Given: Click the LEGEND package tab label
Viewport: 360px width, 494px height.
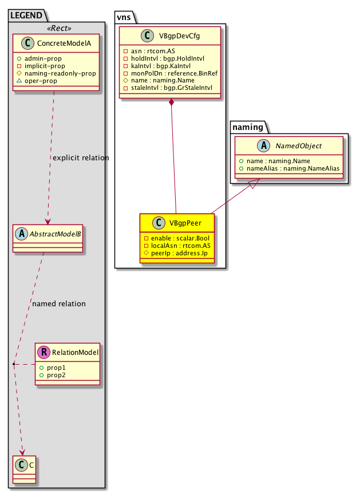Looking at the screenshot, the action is click(x=26, y=15).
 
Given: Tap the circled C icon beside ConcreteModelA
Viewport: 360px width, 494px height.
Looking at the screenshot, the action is click(x=27, y=43).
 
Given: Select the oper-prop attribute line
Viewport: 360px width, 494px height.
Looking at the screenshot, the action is click(x=37, y=81).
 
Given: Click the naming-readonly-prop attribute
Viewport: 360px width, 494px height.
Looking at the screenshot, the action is click(x=57, y=73).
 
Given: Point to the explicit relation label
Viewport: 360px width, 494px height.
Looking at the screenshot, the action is click(x=81, y=157).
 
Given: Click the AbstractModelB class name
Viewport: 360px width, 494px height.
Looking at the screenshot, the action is click(x=55, y=234).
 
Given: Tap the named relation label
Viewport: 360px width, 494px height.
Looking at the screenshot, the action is click(x=59, y=304).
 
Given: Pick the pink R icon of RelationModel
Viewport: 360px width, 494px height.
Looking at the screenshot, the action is click(x=43, y=352).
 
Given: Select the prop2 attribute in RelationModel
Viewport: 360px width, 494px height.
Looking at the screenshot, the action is click(x=52, y=376).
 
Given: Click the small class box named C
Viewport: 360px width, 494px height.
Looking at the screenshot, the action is click(x=24, y=469).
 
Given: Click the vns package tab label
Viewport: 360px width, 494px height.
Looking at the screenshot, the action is click(x=124, y=17).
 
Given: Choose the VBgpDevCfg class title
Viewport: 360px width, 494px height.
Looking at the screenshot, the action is click(x=179, y=36).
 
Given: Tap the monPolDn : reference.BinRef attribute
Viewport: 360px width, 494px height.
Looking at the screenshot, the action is click(x=171, y=73).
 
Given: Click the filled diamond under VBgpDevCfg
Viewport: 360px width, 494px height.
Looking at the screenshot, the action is click(x=171, y=102).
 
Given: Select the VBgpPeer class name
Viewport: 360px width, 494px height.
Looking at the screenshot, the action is click(x=185, y=223).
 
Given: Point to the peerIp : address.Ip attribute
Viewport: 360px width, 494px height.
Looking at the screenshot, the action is click(x=176, y=253).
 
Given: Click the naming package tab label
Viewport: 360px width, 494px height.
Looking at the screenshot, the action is click(x=248, y=127).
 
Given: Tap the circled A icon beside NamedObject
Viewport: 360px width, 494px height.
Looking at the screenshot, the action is click(x=264, y=145).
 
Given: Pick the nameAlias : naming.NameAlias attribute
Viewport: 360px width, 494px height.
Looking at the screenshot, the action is click(x=290, y=168).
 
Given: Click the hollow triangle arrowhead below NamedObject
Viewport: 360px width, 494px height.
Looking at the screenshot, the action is click(x=256, y=183).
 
